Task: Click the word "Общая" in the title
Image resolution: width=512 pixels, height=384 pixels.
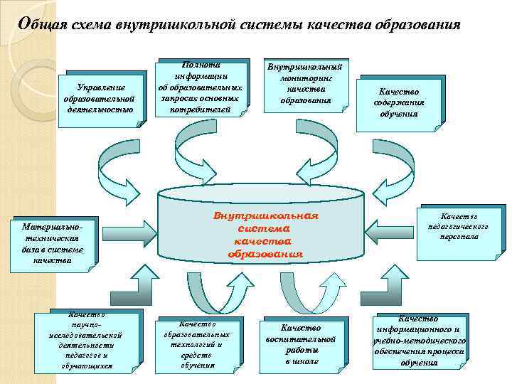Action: (x=43, y=24)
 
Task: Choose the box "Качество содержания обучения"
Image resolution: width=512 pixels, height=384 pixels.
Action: (x=399, y=102)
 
